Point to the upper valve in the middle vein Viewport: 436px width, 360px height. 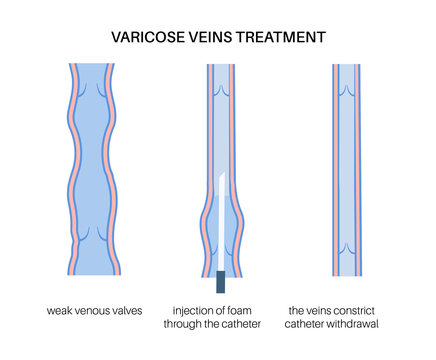[x=222, y=90]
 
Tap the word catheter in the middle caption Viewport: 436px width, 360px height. [x=246, y=326]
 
